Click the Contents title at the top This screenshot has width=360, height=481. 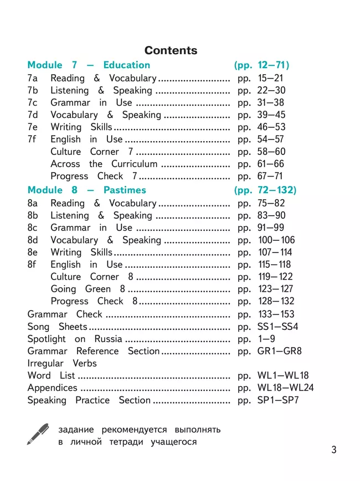pos(171,50)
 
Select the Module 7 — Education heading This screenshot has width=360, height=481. pos(89,65)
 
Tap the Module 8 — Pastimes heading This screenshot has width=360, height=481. pos(87,190)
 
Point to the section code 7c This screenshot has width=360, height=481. pos(33,102)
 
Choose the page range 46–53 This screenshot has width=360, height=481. pos(271,127)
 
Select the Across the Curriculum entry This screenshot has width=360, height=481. pos(104,164)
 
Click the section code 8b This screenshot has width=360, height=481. pos(33,215)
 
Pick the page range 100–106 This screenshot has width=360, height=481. pos(276,240)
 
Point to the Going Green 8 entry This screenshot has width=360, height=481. pos(88,289)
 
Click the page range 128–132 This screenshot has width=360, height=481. pos(276,301)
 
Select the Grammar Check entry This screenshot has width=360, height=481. pos(65,314)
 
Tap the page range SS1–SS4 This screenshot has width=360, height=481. pos(277,327)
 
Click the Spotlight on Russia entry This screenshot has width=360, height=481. pos(75,339)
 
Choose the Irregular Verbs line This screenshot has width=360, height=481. pos(62,363)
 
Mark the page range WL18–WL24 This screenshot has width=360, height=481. pos(285,387)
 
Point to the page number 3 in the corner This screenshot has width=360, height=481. pos(333,449)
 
